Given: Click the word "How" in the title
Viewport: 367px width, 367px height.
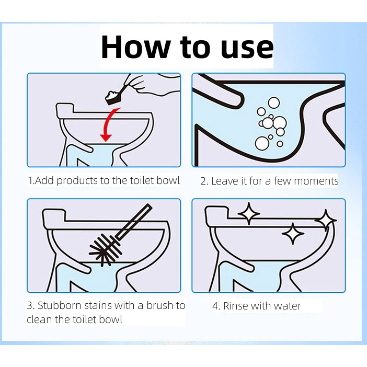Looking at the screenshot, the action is pos(135,47).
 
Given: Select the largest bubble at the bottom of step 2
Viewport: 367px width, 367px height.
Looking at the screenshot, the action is pos(262,143).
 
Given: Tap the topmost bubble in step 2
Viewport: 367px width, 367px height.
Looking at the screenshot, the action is pos(273,103).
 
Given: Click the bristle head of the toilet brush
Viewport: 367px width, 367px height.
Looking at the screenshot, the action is pos(105,248).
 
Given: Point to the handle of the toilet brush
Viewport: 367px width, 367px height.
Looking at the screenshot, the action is pos(133,222).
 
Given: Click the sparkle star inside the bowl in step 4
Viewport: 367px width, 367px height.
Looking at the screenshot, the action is pos(293,234).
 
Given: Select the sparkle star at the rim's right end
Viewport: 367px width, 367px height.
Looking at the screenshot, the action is pos(326,221).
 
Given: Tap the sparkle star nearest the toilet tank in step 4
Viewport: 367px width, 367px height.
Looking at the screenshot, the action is pos(249,213).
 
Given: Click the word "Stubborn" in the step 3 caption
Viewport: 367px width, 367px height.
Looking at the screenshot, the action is pos(60,305).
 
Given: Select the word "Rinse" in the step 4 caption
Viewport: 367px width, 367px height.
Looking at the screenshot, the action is pos(237,306).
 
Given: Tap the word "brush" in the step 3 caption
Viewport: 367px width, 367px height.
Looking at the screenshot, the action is pos(159,305).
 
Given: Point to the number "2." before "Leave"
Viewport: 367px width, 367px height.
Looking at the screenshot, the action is pos(204,181).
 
